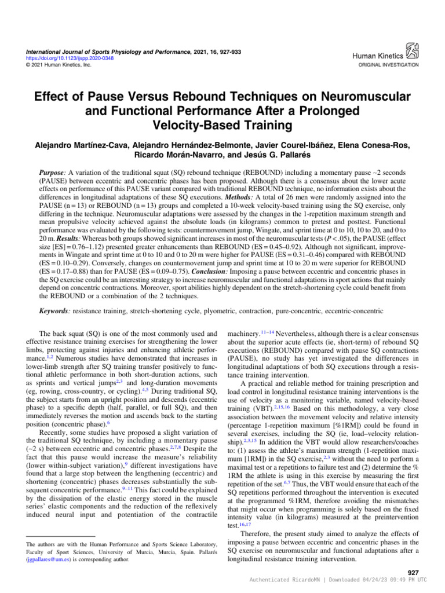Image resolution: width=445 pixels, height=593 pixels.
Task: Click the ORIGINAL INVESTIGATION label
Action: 389,65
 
